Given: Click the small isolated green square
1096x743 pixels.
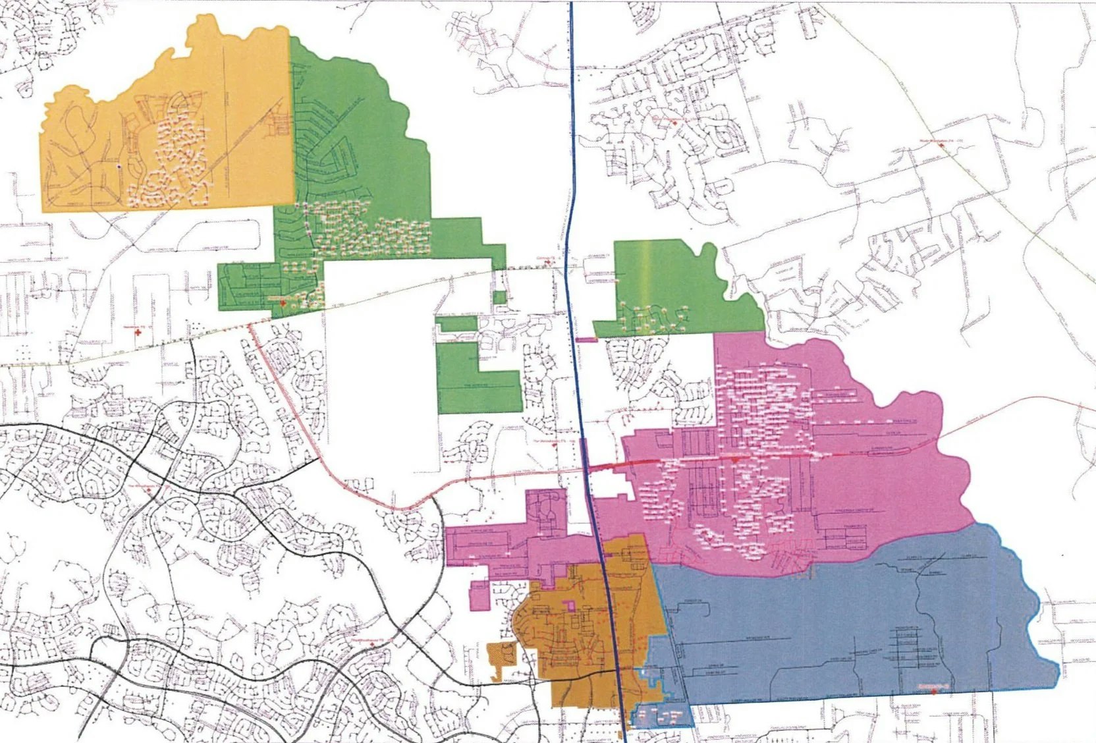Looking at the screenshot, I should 501,297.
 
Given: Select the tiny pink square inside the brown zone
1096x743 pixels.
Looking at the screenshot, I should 571,604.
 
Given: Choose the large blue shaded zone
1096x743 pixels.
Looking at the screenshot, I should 856,626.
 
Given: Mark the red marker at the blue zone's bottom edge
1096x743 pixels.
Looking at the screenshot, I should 934,689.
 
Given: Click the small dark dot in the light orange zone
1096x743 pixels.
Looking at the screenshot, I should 119,168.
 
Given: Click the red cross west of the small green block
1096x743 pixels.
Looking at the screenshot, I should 138,333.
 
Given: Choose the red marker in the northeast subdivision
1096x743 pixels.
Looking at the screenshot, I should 674,123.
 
